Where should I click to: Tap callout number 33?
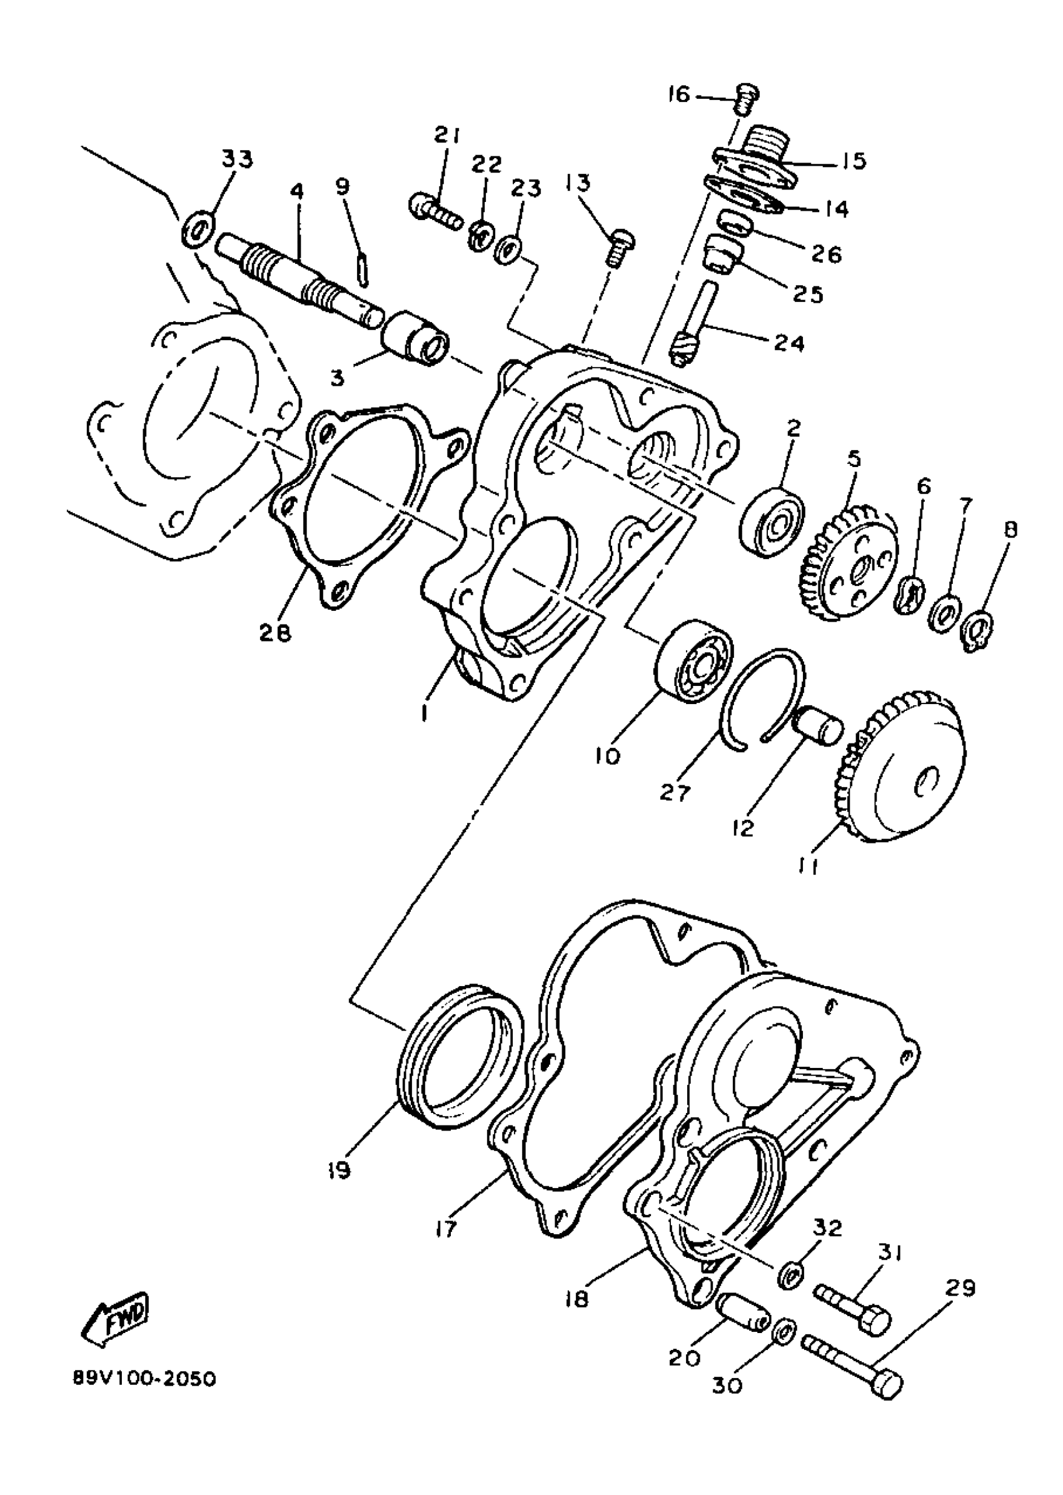tap(237, 159)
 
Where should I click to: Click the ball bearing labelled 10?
tap(695, 661)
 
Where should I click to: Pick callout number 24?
tap(789, 343)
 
